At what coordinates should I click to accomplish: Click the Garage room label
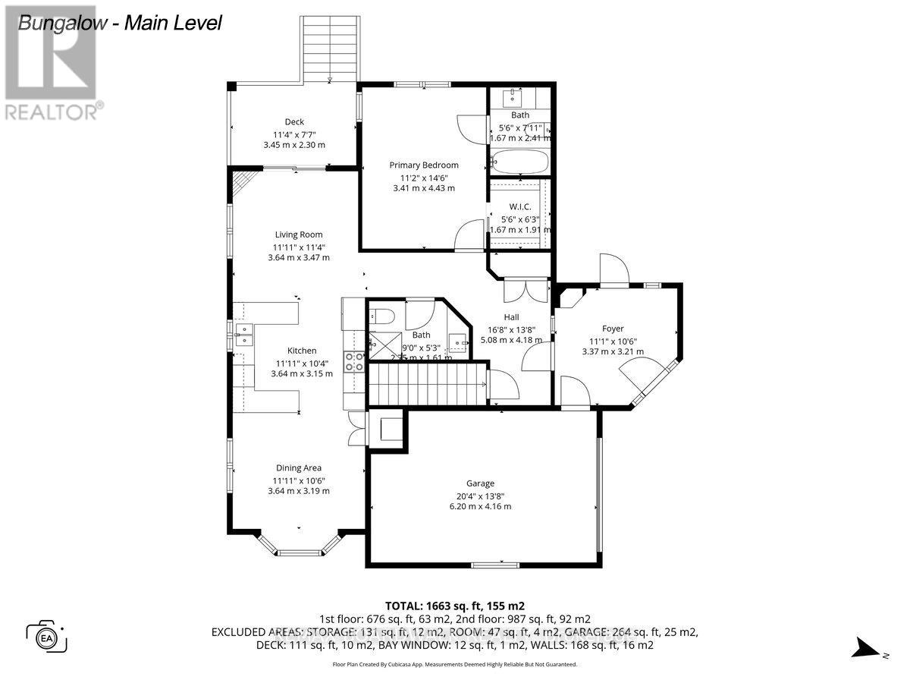tap(480, 483)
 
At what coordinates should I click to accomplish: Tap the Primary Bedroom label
tap(424, 165)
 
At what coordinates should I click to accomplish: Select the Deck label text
tap(294, 121)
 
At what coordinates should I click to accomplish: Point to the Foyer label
tap(613, 329)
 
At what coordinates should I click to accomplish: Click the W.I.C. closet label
tap(519, 206)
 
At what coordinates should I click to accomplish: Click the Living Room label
tap(299, 234)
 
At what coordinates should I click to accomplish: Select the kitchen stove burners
tap(353, 361)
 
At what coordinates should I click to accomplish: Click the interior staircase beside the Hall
tap(426, 386)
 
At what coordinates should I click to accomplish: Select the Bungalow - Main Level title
tap(120, 23)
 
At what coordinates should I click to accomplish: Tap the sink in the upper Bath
tap(516, 96)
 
